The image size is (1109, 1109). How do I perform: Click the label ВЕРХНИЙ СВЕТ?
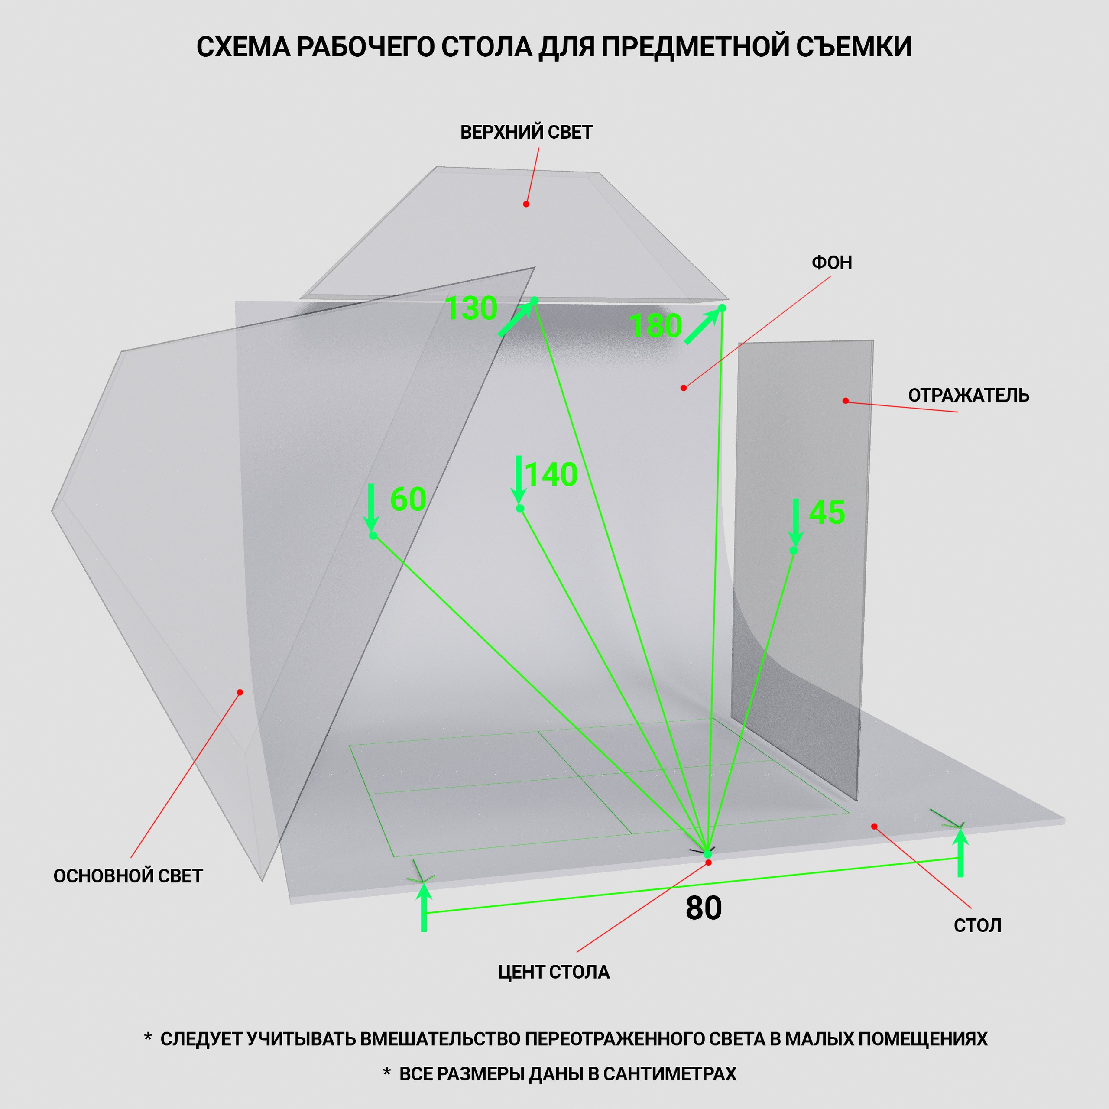point(526,133)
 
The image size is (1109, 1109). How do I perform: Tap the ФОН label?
point(832,263)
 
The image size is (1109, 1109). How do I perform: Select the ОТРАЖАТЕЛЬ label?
point(968,396)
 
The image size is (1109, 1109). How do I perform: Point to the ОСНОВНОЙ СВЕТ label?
point(128,876)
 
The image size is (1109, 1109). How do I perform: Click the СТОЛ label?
point(978,926)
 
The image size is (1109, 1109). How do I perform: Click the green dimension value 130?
point(471,308)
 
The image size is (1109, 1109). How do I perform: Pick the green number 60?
point(408,499)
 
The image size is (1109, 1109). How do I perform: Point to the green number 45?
point(827,512)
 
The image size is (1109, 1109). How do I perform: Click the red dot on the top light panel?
point(526,204)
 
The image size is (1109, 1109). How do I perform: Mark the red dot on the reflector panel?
point(846,401)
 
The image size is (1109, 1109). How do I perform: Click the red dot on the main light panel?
point(240,692)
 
